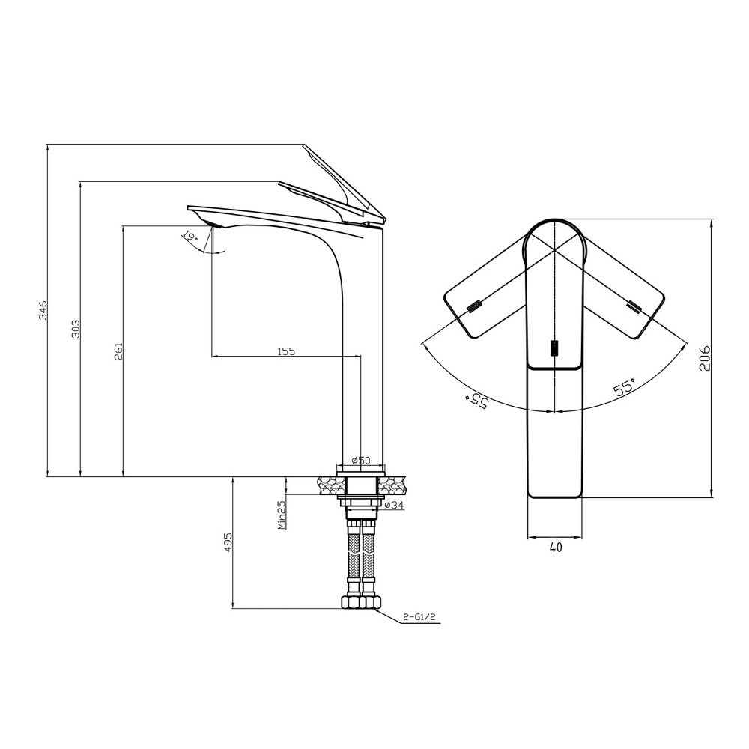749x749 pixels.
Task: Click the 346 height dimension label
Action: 43,310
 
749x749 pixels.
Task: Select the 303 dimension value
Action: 76,330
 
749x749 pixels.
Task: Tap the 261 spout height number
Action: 118,350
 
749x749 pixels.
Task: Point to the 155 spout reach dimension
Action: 286,351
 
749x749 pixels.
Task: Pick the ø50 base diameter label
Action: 361,461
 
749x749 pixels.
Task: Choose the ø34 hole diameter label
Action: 394,504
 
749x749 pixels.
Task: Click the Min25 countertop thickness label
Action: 282,515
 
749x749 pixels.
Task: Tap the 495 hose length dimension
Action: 228,542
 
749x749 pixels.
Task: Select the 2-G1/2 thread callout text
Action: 419,617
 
